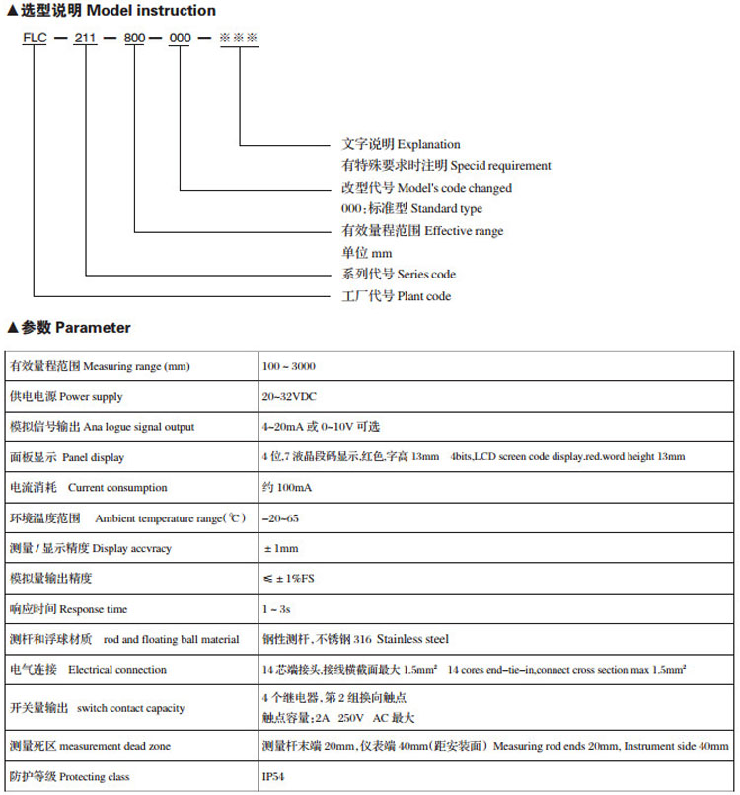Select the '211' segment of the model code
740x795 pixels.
click(86, 38)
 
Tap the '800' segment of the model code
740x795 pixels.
click(134, 38)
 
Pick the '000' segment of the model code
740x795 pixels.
click(182, 38)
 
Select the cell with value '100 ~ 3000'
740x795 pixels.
click(289, 366)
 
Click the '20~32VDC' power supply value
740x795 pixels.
click(289, 396)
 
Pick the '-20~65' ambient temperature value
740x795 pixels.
click(281, 517)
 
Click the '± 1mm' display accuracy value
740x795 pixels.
click(281, 547)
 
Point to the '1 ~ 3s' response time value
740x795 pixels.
click(278, 608)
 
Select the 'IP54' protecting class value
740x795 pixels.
click(273, 776)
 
